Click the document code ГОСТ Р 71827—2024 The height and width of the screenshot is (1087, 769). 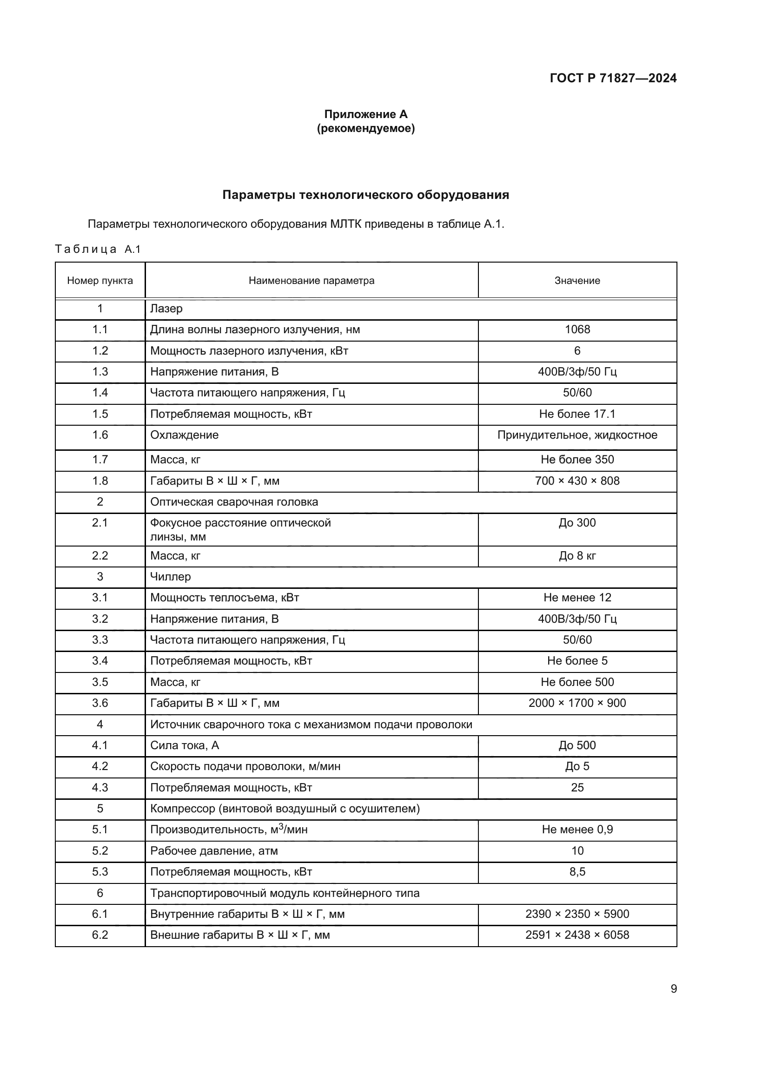(x=613, y=78)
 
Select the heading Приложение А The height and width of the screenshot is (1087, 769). (x=365, y=114)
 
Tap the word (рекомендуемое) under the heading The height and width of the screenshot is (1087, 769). (x=365, y=128)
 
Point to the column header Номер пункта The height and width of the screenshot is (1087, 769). (x=100, y=281)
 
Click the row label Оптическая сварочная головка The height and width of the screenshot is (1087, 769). (x=234, y=502)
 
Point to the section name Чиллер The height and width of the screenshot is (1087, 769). (x=171, y=577)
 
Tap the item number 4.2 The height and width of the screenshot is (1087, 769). (x=100, y=766)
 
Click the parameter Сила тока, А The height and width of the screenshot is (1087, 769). (x=185, y=745)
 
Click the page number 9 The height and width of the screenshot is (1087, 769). (x=673, y=989)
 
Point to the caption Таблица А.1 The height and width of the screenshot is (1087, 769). (x=98, y=249)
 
